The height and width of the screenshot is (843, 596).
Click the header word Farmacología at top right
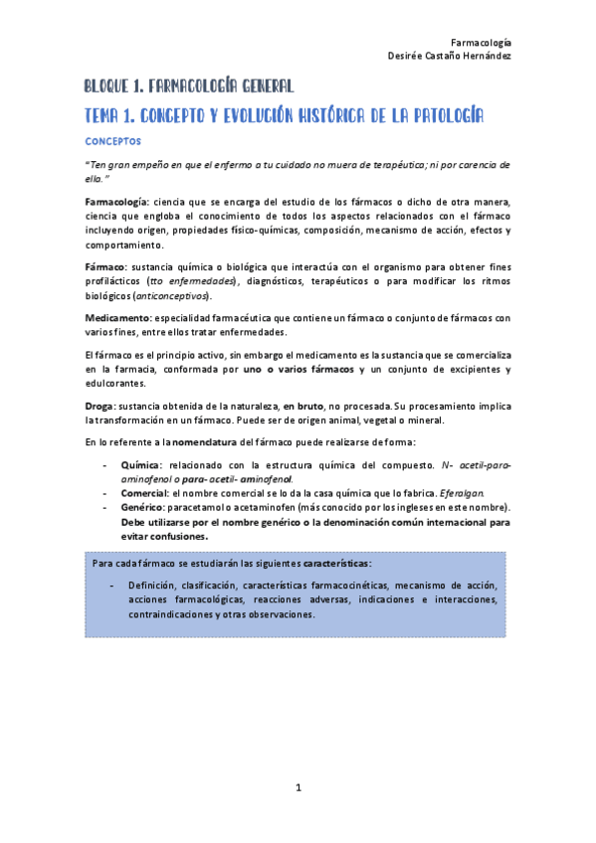coord(482,43)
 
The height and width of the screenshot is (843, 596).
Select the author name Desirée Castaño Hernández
coord(450,57)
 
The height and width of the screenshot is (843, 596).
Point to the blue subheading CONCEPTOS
coord(112,142)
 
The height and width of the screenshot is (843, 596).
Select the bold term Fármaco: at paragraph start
coord(105,268)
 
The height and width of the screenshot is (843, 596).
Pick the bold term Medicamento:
coord(117,317)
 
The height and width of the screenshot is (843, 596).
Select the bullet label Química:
coord(141,464)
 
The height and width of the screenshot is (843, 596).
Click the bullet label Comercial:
coord(145,492)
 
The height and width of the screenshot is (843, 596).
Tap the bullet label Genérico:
coord(144,507)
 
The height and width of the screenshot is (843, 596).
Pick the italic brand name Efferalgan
coord(459,492)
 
